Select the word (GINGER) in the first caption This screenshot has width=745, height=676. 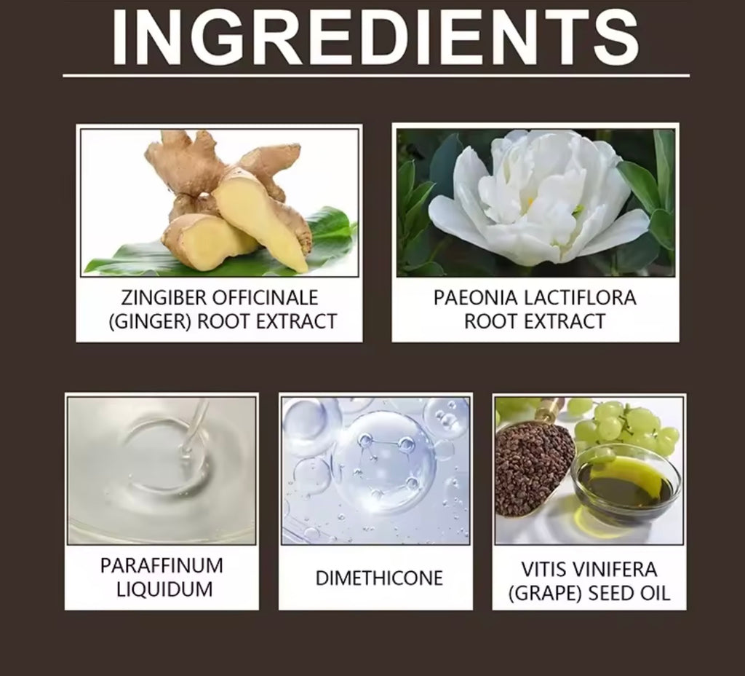pyautogui.click(x=149, y=321)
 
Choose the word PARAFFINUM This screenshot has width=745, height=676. pyautogui.click(x=162, y=566)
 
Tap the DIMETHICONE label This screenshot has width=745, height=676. pyautogui.click(x=378, y=578)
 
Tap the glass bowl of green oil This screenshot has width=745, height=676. pyautogui.click(x=626, y=484)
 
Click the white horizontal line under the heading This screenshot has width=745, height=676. pyautogui.click(x=375, y=75)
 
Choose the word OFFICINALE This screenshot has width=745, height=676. pyautogui.click(x=271, y=298)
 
